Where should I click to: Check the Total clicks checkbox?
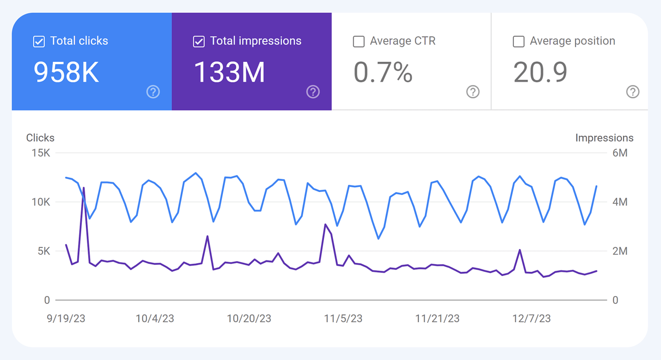[39, 42]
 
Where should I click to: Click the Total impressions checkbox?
[199, 42]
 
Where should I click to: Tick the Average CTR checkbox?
[359, 42]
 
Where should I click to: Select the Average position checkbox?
[518, 42]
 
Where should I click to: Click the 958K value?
[66, 73]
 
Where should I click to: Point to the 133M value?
[229, 73]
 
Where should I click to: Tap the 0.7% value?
[383, 73]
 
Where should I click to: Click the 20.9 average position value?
[540, 73]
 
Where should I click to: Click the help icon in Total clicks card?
[153, 92]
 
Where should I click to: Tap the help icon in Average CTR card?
[473, 92]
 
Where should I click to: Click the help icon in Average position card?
[633, 92]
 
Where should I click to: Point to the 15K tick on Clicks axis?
[41, 153]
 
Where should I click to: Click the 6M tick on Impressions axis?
[619, 153]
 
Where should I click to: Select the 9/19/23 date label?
[66, 318]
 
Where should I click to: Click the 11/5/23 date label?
[343, 318]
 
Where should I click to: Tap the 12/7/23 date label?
[532, 318]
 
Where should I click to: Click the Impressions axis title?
[604, 138]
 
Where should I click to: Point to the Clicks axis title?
[40, 138]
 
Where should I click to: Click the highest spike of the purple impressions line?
[84, 188]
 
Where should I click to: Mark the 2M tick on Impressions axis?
[619, 251]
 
